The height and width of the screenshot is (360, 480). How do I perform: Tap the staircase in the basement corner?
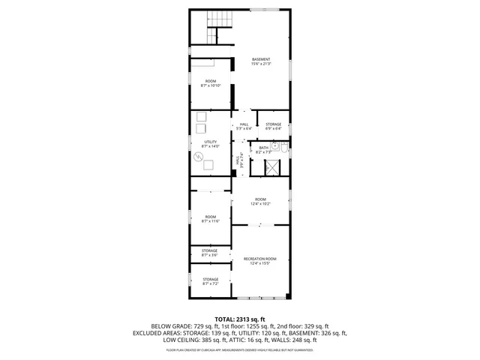tap(218, 27)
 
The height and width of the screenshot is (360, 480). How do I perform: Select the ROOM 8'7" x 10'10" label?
tap(210, 83)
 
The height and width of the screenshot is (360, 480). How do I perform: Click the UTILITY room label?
tap(210, 143)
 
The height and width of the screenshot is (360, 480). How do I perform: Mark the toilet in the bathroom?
tap(275, 146)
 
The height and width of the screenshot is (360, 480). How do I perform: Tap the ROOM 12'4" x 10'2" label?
tap(260, 201)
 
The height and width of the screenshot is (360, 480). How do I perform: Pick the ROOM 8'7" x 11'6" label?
tap(210, 218)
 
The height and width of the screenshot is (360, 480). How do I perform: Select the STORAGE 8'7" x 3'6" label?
tap(210, 253)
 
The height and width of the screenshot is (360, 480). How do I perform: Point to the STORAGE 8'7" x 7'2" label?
tap(210, 282)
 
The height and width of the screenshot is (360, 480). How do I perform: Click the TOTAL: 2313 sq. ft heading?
tap(240, 319)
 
